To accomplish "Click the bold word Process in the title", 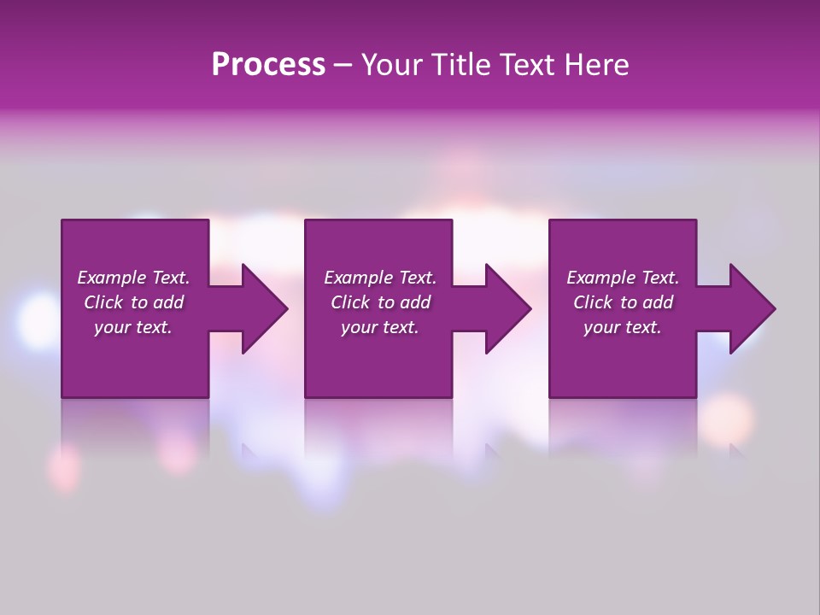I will pyautogui.click(x=268, y=65).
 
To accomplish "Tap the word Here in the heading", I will pyautogui.click(x=595, y=65).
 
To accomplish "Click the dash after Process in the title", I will pyautogui.click(x=343, y=66).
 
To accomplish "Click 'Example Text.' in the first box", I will pyautogui.click(x=133, y=278).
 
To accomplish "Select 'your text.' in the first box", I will pyautogui.click(x=133, y=327).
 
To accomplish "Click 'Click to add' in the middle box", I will pyautogui.click(x=380, y=302).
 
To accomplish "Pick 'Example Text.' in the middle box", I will pyautogui.click(x=380, y=278).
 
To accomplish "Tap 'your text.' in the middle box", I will pyautogui.click(x=380, y=327).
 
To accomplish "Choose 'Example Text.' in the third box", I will pyautogui.click(x=623, y=278).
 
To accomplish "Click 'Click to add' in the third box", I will pyautogui.click(x=623, y=302).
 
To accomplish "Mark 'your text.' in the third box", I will pyautogui.click(x=623, y=327).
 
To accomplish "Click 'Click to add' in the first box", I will pyautogui.click(x=133, y=302).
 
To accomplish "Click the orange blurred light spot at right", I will pyautogui.click(x=728, y=419).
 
